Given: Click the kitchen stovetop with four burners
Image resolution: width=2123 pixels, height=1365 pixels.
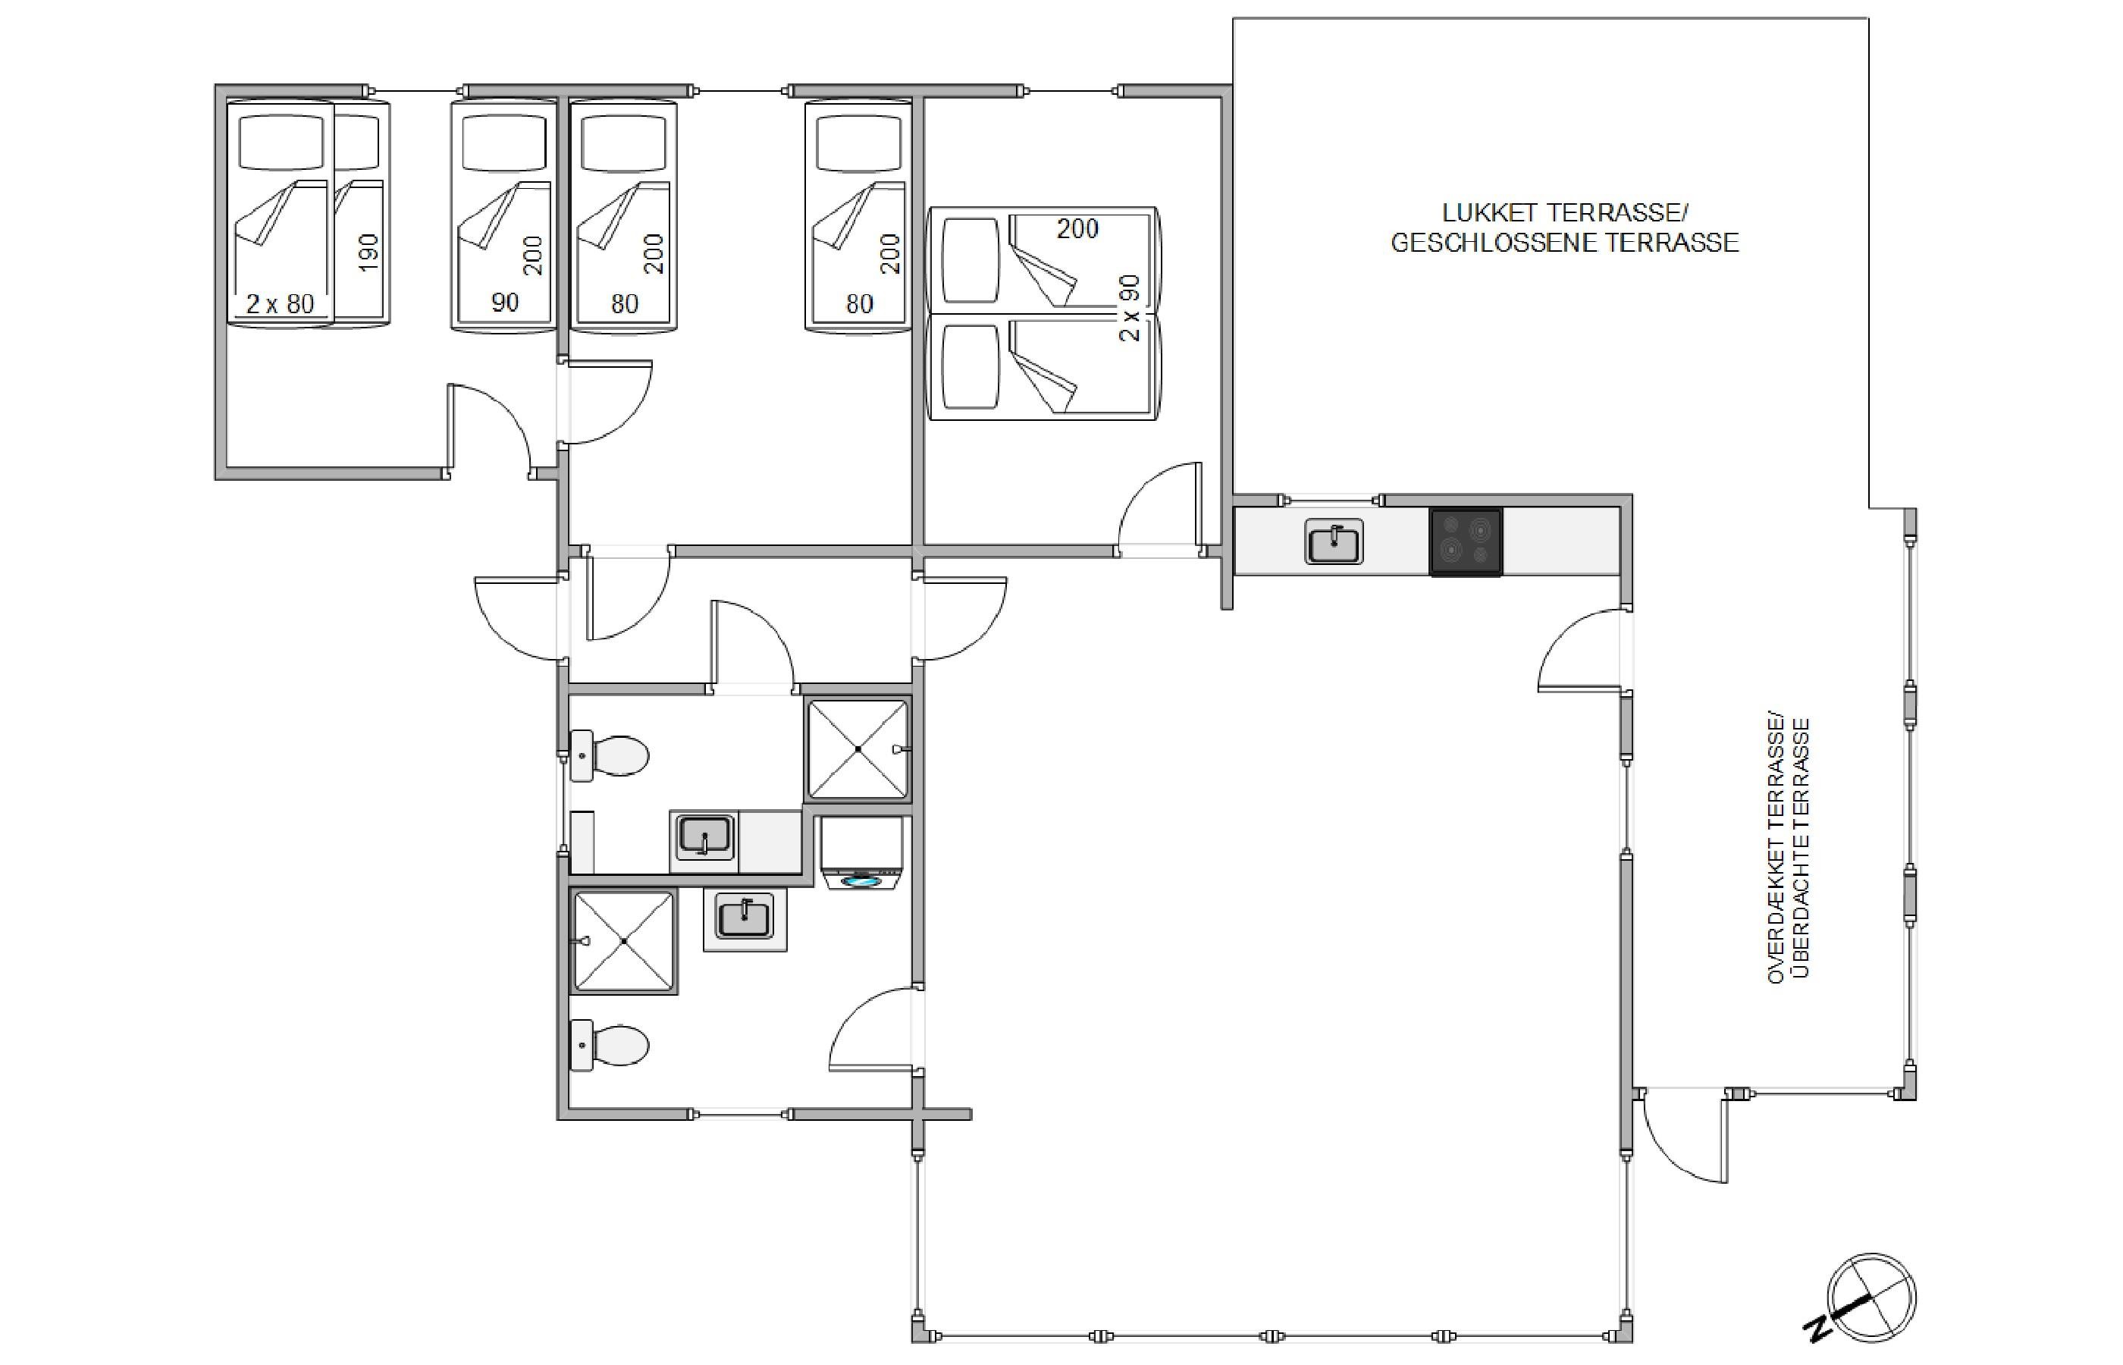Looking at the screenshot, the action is (1466, 541).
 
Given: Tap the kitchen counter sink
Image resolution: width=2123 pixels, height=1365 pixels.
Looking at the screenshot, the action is (1334, 541).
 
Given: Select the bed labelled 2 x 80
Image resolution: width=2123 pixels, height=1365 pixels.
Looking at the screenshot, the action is (281, 213).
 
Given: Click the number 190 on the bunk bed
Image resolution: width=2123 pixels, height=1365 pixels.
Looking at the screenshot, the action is (368, 253).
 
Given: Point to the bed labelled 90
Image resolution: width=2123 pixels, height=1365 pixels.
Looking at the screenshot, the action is (503, 215).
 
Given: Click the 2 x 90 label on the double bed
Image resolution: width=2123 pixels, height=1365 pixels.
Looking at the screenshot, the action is (1129, 309).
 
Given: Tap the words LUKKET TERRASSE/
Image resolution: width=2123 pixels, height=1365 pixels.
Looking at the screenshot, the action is (1565, 213).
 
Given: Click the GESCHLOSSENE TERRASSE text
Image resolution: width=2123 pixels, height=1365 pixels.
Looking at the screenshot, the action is (1565, 243).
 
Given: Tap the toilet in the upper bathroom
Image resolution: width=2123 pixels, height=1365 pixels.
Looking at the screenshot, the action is (609, 756).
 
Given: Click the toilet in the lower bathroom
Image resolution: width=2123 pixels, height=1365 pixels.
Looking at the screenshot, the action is (609, 1045).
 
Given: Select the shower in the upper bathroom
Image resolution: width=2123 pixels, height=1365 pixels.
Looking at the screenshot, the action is (858, 749).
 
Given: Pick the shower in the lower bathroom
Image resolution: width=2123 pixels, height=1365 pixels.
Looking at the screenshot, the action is (624, 940).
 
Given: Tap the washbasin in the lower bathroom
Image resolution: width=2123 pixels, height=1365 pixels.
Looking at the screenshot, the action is (745, 920).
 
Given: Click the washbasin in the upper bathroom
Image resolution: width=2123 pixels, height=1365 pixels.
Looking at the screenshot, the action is (704, 839).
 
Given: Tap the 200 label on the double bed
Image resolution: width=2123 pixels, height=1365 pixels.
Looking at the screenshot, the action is (1077, 229).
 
